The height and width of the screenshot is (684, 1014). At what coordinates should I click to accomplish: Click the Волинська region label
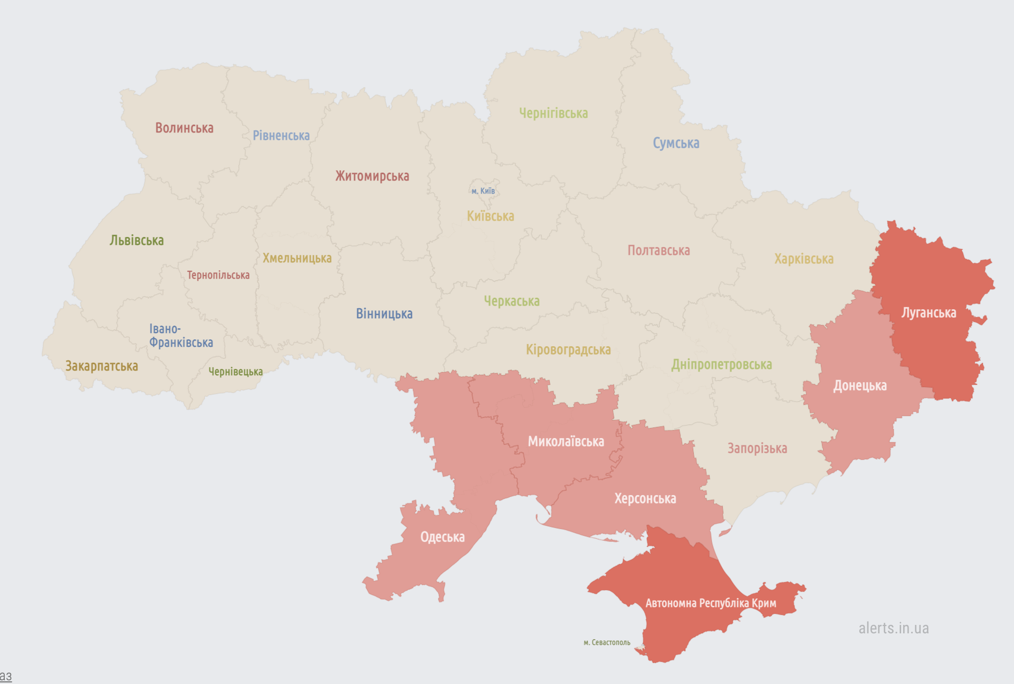184,128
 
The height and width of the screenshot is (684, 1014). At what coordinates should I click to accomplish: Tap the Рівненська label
281,136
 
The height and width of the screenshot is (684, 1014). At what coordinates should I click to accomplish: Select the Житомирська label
372,176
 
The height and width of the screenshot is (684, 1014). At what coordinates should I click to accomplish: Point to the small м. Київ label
483,191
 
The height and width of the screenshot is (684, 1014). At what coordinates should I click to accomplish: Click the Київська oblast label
490,216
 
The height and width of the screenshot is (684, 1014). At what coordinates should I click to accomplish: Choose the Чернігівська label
553,113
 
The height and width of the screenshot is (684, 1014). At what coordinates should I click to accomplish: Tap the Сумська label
676,144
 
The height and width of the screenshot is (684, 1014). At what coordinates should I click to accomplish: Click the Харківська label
803,259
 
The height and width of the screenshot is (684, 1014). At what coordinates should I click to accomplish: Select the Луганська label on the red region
928,313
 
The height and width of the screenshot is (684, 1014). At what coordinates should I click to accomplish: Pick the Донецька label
859,386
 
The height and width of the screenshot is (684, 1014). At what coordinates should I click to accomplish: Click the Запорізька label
757,449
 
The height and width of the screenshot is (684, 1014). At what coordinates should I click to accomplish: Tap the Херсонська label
645,499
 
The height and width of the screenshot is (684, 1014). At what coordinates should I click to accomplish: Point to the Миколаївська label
566,442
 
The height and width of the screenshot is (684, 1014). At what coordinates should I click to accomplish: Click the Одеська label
442,537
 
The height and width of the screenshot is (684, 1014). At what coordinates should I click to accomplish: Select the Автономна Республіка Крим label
710,603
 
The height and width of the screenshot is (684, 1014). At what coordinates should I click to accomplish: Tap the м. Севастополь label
607,642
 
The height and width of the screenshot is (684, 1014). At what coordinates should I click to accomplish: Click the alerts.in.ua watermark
893,628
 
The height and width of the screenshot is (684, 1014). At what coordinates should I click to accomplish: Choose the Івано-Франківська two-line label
180,336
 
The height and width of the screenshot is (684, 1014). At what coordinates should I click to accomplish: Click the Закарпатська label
101,366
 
